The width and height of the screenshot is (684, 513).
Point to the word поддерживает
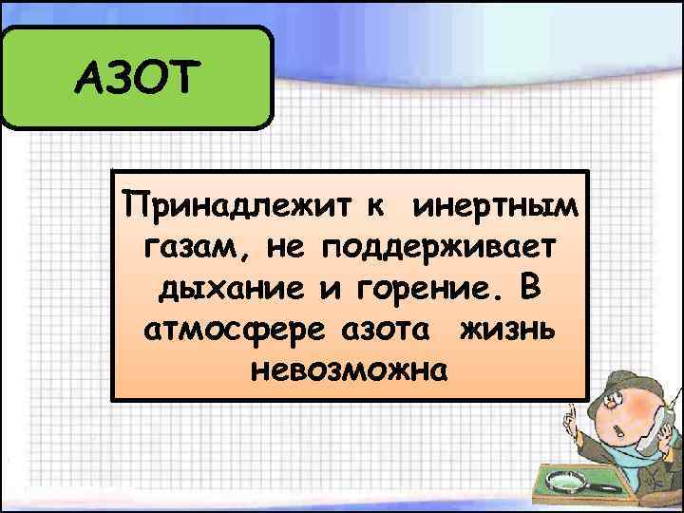click(438, 246)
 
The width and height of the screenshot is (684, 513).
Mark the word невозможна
click(348, 369)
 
